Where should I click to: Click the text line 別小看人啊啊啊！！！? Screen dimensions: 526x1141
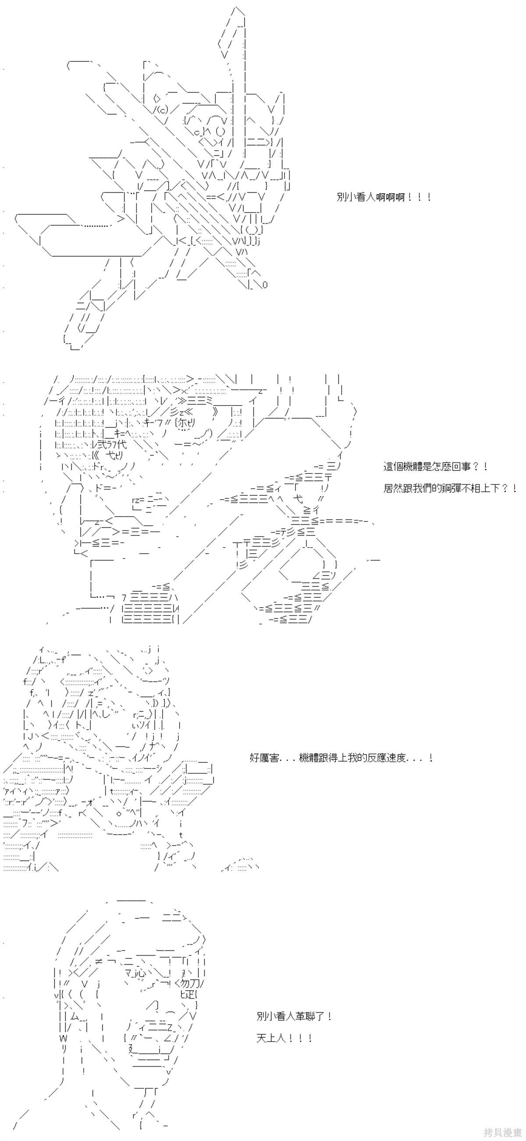(x=384, y=197)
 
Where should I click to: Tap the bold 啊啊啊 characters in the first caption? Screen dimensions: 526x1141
(x=390, y=197)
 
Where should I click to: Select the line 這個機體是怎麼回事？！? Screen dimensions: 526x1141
(x=436, y=466)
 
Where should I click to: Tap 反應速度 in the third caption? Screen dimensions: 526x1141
(x=387, y=758)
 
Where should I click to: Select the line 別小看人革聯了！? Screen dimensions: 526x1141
(x=294, y=1016)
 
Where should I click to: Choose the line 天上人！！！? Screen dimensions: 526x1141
(x=284, y=1038)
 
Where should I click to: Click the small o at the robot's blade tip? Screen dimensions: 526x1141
(x=265, y=284)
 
